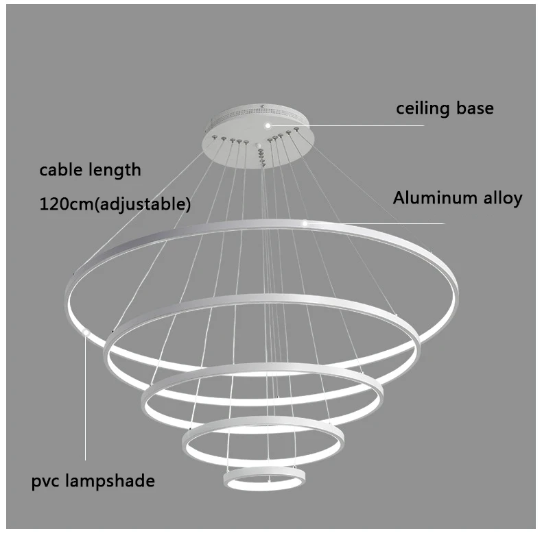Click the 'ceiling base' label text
(x=445, y=108)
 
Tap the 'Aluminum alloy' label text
(x=457, y=198)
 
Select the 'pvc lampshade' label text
(x=93, y=480)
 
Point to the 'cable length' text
(x=90, y=169)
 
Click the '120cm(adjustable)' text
(x=115, y=203)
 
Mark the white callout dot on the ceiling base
(x=268, y=125)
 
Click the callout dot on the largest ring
(x=305, y=223)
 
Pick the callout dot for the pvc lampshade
(x=86, y=332)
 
